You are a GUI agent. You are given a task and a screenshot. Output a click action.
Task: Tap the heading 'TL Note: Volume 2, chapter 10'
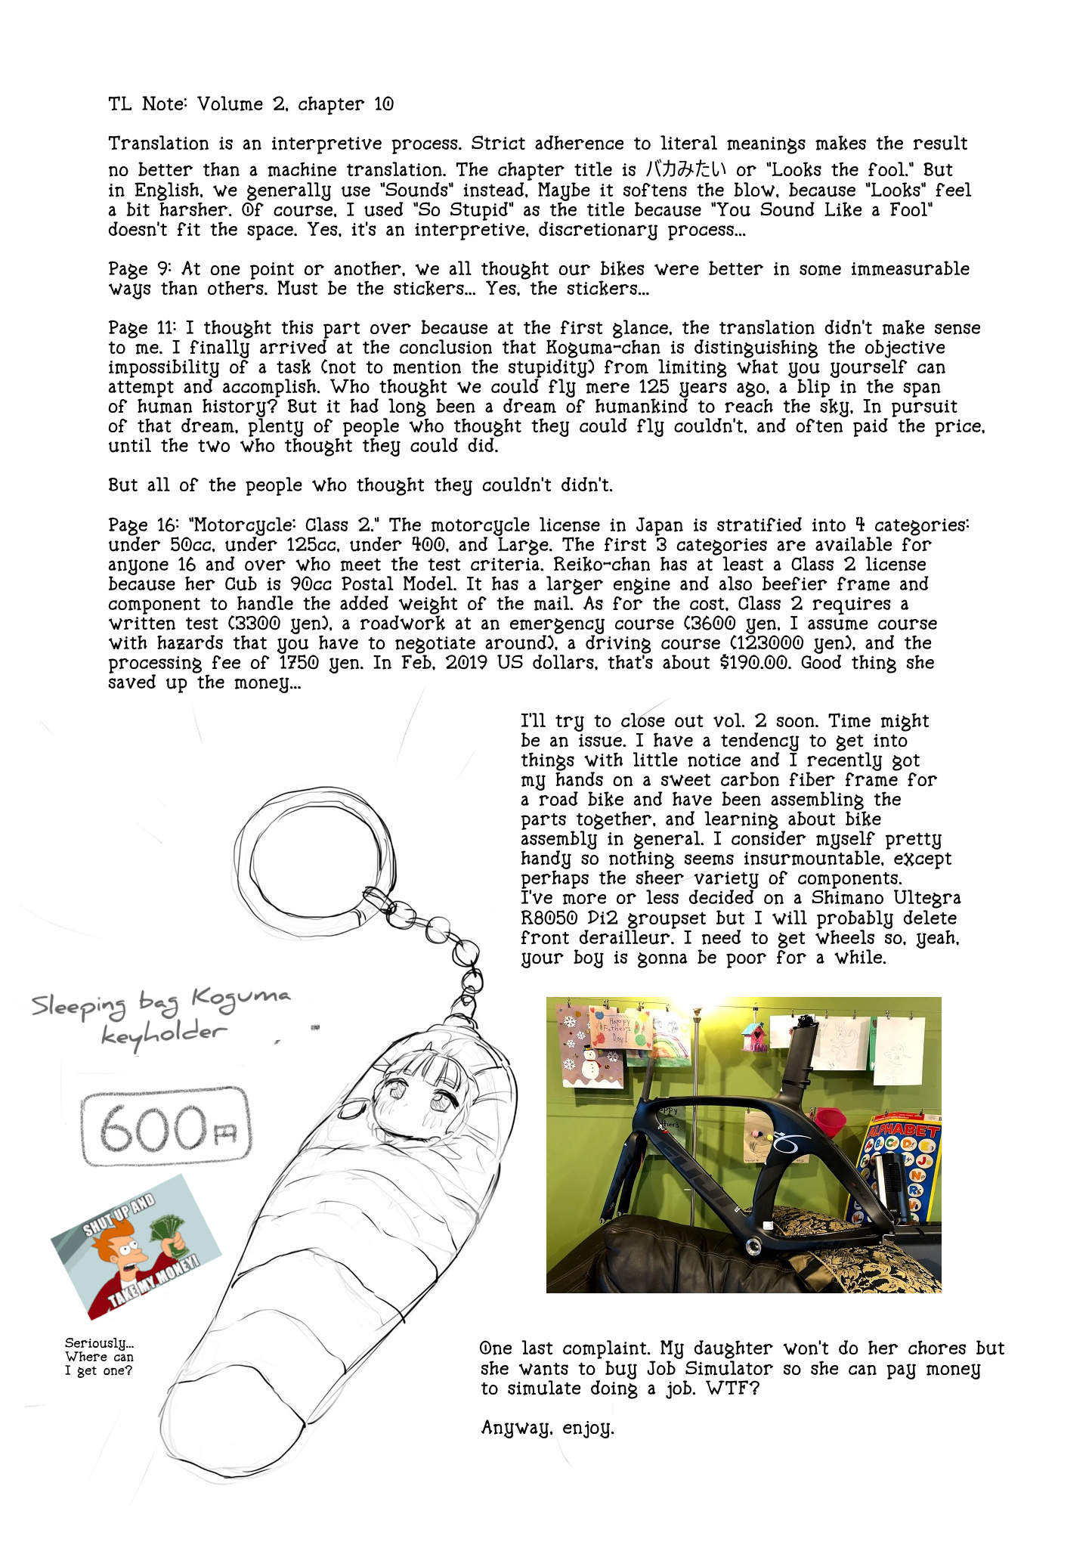pyautogui.click(x=250, y=104)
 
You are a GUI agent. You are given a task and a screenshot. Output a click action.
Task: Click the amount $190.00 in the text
pyautogui.click(x=755, y=663)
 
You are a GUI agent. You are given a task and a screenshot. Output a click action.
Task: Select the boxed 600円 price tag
pyautogui.click(x=166, y=1127)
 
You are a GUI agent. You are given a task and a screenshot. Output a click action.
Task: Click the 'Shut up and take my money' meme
pyautogui.click(x=136, y=1247)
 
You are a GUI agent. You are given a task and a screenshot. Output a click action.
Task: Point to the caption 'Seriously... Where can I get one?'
pyautogui.click(x=99, y=1358)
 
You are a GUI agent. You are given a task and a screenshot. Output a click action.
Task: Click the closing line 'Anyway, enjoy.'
pyautogui.click(x=547, y=1428)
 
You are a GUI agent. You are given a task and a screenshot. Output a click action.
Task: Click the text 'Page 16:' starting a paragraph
pyautogui.click(x=141, y=525)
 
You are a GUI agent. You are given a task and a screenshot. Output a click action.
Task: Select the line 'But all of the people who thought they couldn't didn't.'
pyautogui.click(x=360, y=485)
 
